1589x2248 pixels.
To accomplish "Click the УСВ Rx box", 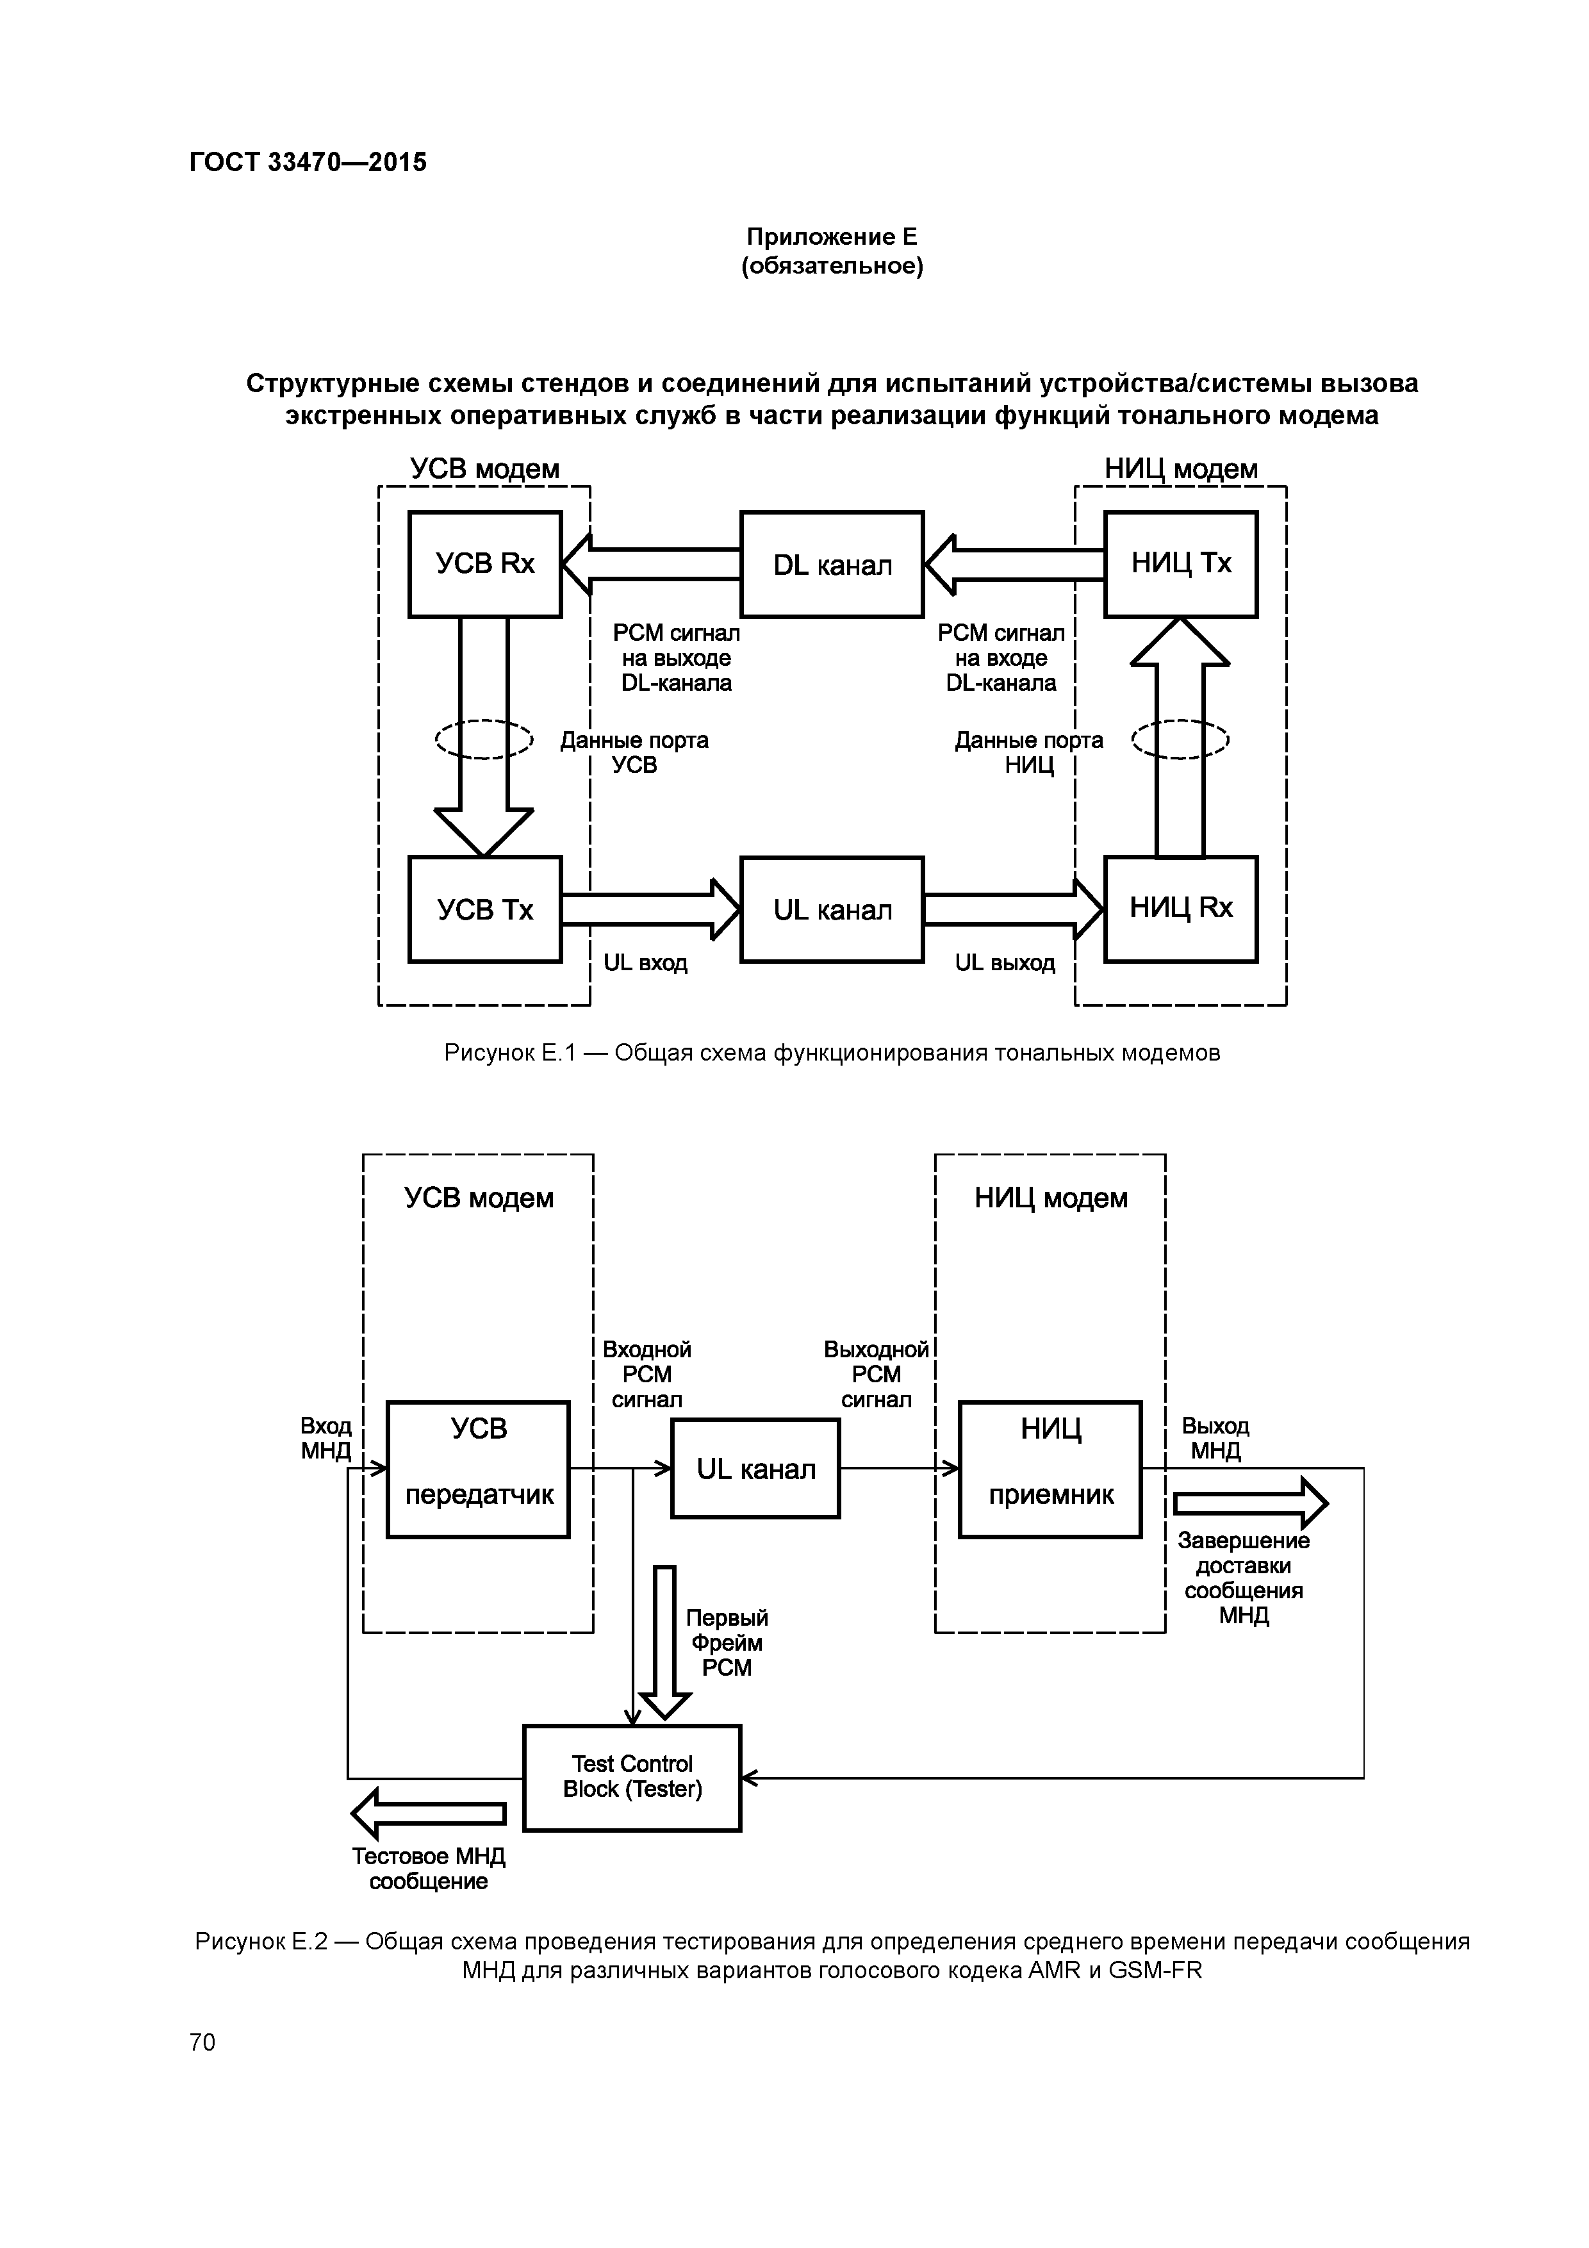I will click(484, 564).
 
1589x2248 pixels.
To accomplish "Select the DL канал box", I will click(831, 564).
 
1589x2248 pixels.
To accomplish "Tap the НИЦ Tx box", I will click(1181, 564).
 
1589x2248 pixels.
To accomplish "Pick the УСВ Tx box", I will click(484, 909).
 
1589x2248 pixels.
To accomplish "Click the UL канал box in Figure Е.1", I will click(831, 909).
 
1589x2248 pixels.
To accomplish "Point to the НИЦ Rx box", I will click(1181, 909).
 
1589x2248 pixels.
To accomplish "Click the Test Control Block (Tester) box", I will click(632, 1777).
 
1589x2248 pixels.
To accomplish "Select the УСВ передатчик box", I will click(478, 1469).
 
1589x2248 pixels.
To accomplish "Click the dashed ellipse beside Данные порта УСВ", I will click(484, 740).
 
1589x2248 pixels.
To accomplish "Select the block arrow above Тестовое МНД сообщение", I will click(429, 1814).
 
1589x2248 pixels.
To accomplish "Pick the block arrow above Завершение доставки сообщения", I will click(1250, 1502).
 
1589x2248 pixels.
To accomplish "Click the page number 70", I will click(202, 2042).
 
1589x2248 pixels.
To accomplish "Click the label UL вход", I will click(645, 963).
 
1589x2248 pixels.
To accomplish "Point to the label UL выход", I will click(1005, 963).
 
